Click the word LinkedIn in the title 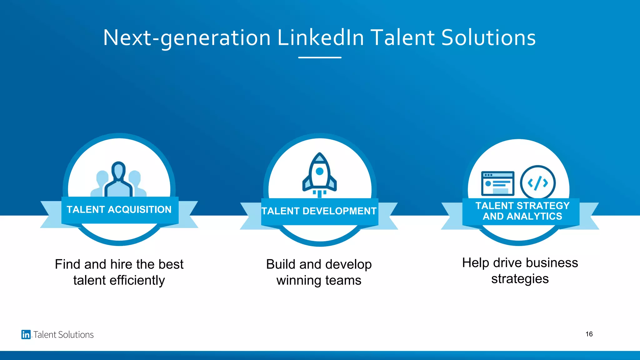coord(321,38)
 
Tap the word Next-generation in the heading coord(187,38)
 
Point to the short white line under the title coord(320,57)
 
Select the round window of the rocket coord(319,171)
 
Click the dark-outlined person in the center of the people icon coord(118,180)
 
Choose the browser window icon coord(497,183)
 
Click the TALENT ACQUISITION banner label coord(119,209)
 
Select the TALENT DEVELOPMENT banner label coord(319,211)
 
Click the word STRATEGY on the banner coord(543,206)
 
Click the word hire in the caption coord(122,264)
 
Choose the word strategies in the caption coord(520,279)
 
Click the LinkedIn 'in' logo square coord(26,334)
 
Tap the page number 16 coord(589,334)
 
